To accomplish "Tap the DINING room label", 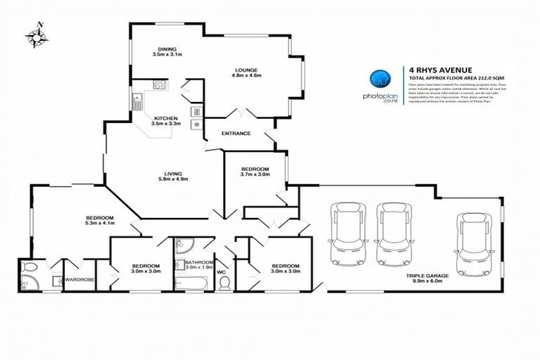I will pos(167,49).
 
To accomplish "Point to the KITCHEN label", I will pos(166,118).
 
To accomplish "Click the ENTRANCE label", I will pos(236,133).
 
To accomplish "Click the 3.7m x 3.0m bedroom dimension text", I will pos(255,175).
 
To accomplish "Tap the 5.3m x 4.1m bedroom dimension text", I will pos(100,224).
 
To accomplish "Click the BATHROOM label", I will pos(199,262).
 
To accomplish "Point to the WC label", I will pos(221,271).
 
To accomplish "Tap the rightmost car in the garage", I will pos(471,235).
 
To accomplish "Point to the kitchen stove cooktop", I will pos(160,86).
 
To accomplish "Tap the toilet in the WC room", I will pos(225,283).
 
